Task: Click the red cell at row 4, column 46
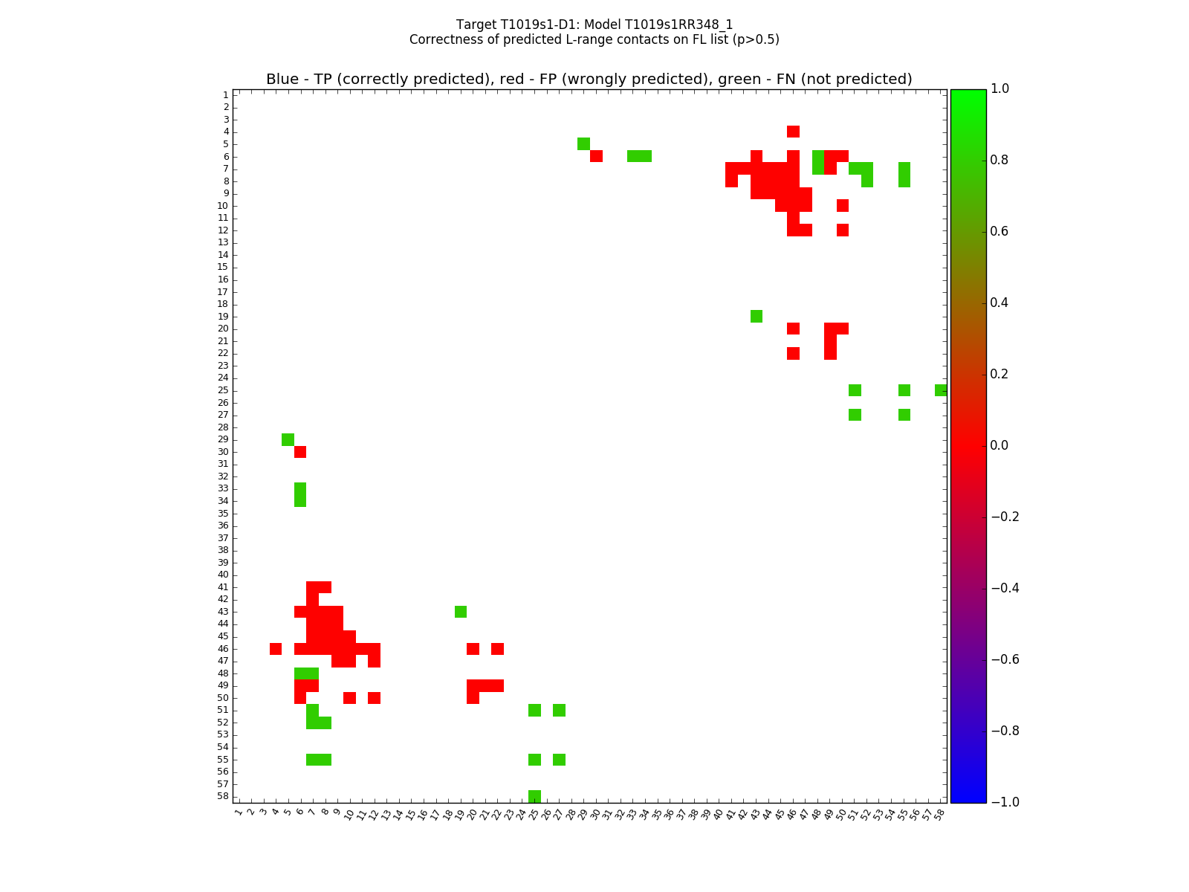[x=793, y=132]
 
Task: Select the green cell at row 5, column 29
[x=583, y=143]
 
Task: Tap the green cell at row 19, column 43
[x=756, y=317]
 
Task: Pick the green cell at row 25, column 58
[x=941, y=390]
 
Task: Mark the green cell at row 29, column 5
[x=288, y=439]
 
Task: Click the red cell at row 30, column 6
[x=300, y=452]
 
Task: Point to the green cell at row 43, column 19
[x=461, y=612]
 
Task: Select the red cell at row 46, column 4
[x=276, y=649]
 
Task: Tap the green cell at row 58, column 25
[x=534, y=796]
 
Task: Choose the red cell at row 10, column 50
[x=842, y=205]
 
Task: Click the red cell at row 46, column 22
[x=497, y=649]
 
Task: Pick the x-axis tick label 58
[x=939, y=814]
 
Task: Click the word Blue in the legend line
[x=282, y=80]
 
